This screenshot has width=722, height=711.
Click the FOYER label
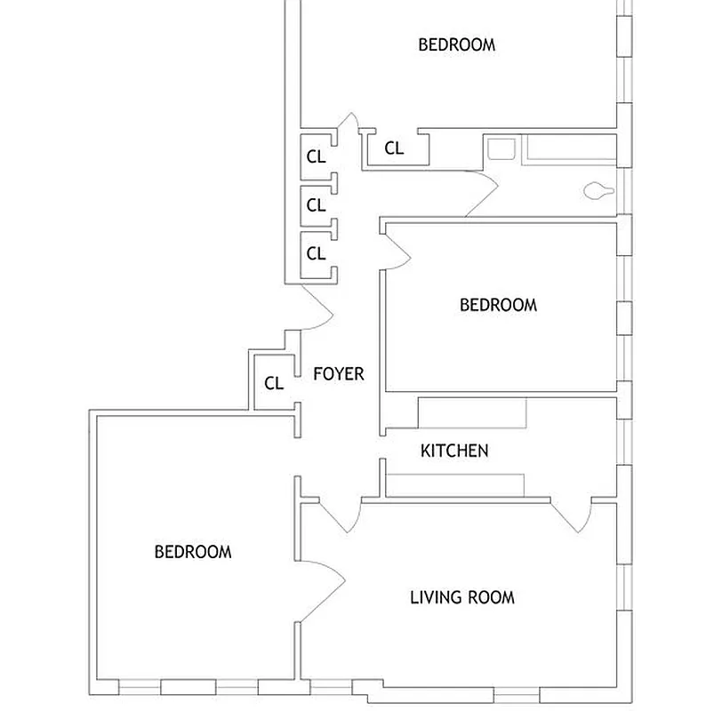[339, 374]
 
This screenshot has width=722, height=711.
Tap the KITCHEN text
[454, 451]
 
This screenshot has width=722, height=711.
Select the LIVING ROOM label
[461, 597]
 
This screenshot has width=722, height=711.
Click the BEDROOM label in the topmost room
[456, 44]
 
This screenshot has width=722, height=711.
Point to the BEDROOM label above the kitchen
[498, 305]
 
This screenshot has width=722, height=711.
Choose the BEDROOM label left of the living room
[193, 552]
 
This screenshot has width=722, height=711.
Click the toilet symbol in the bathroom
[597, 190]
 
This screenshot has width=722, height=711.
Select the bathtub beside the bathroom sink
[569, 148]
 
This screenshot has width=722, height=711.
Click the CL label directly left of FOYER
[274, 384]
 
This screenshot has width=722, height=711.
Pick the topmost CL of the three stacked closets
[316, 156]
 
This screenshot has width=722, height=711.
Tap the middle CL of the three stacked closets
[316, 205]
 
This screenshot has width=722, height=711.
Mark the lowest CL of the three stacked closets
[316, 253]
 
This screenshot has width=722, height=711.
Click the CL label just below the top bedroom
[394, 148]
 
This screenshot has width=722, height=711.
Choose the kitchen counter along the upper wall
[472, 414]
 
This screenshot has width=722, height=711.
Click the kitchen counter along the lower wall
[454, 485]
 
